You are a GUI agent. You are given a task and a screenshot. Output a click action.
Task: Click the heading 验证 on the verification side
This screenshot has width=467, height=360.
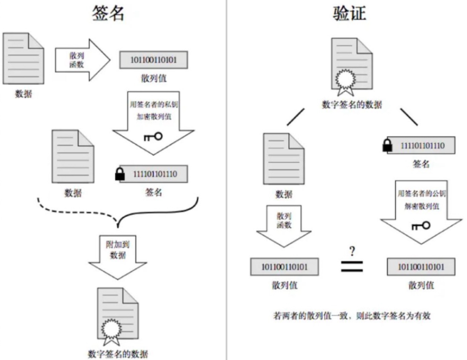tap(350, 13)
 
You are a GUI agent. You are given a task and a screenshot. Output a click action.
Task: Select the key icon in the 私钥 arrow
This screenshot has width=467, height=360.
tap(153, 136)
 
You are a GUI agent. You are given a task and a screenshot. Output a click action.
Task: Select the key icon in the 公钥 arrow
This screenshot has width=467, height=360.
tap(421, 225)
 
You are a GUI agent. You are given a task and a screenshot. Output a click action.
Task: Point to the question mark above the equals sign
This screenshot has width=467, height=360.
tap(352, 251)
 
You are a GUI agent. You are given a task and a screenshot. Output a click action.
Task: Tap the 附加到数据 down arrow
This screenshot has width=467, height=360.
tap(117, 253)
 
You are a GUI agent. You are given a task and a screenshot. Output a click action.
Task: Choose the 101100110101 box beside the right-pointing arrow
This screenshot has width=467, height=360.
tap(154, 59)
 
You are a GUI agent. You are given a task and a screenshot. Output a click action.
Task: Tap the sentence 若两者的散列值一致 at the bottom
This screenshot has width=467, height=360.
tap(351, 315)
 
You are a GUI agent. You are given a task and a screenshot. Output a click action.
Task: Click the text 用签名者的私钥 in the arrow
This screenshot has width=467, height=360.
tap(153, 104)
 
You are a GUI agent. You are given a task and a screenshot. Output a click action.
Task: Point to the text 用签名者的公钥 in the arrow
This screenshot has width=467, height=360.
tap(421, 193)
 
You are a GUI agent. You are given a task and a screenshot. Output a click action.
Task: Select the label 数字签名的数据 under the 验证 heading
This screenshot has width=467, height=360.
tap(352, 104)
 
